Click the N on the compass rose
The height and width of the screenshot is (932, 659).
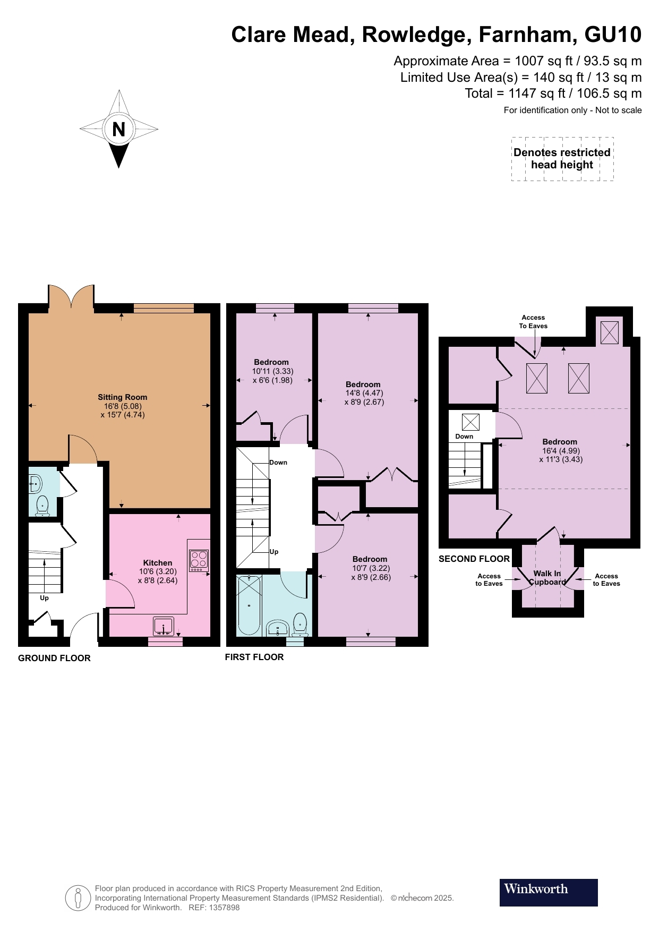(118, 129)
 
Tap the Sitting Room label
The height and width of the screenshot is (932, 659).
(122, 397)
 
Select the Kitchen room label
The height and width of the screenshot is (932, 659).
(158, 563)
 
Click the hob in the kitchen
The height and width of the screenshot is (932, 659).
(199, 560)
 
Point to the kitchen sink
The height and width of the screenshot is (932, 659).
(164, 626)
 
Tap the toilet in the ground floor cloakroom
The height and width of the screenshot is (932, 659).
(42, 506)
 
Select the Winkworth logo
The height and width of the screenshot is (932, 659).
(549, 892)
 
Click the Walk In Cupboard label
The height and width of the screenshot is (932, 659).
(547, 578)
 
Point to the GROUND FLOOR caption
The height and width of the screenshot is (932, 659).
(54, 658)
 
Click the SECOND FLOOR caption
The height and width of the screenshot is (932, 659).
(474, 559)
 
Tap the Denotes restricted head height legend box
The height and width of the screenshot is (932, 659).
(562, 159)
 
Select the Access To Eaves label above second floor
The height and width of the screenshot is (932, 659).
(533, 322)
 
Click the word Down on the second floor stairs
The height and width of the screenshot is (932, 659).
(464, 437)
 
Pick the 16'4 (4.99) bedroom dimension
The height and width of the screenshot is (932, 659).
(561, 451)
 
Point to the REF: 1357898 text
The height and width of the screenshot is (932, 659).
(214, 908)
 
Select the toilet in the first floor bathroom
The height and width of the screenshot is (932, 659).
(300, 624)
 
